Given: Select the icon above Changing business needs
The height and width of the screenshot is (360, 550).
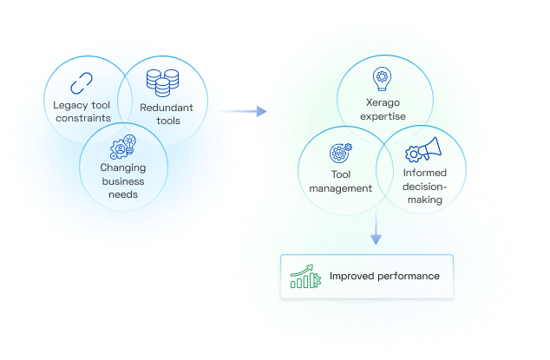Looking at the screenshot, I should coord(122,144).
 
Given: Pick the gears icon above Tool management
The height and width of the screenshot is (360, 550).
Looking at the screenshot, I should coord(340,154).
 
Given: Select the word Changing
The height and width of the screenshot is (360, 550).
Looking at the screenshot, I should coord(122,168).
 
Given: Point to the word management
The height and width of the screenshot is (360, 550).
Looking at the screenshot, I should coord(340,188).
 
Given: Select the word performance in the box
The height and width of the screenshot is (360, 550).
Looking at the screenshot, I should coord(409,277).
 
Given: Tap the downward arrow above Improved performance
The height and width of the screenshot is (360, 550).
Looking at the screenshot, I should coord(376,230).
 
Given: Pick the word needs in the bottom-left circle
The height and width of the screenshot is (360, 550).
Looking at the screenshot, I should coord(122,194).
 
